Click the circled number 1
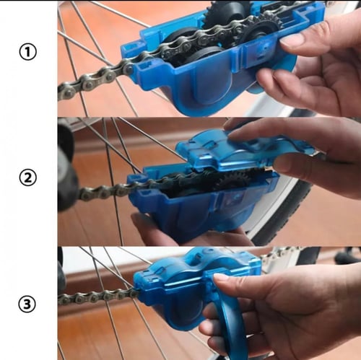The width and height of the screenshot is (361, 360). tap(28, 52)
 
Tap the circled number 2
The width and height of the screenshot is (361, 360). tap(28, 177)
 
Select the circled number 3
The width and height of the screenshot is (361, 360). tap(27, 304)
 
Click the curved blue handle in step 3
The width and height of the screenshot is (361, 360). tap(231, 332)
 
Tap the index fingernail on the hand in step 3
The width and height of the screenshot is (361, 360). tap(221, 278)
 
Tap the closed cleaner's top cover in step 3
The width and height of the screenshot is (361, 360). tap(197, 268)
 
